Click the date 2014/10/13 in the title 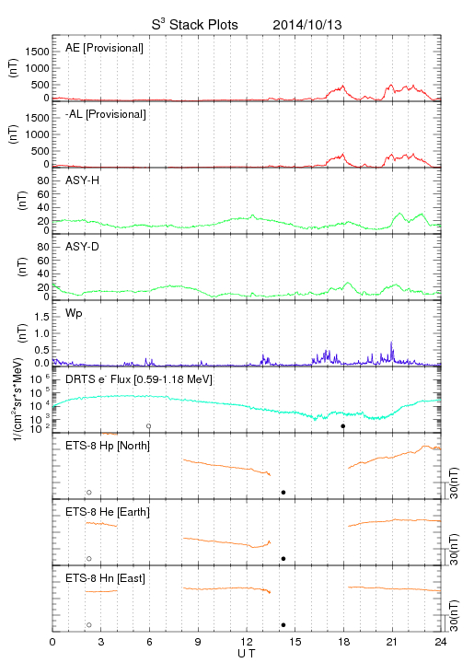[307, 25]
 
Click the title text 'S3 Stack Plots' [195, 24]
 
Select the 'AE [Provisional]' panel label [104, 48]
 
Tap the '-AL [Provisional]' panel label [106, 114]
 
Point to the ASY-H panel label [83, 180]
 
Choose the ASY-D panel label [83, 247]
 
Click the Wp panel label [74, 313]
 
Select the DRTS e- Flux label [139, 379]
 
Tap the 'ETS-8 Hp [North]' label [108, 446]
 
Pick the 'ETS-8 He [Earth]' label [108, 512]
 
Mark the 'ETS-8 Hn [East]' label [105, 578]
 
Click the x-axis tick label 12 [247, 642]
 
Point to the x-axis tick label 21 [392, 642]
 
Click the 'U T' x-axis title [247, 654]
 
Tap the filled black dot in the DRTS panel [343, 426]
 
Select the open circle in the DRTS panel [149, 426]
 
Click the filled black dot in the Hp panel [283, 492]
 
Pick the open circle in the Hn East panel [89, 625]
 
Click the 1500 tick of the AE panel [37, 52]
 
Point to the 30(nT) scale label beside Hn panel [454, 616]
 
